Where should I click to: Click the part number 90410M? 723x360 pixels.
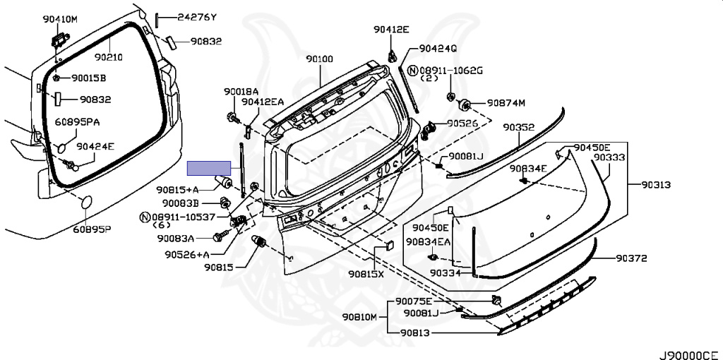coord(61,18)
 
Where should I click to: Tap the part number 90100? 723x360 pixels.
coord(319,60)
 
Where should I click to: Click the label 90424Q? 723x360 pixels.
coord(438,49)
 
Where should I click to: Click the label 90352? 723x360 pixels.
coord(519,128)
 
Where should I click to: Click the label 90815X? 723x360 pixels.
coord(366,274)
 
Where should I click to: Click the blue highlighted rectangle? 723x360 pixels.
coord(209,168)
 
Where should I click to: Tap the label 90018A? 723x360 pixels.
coord(241,92)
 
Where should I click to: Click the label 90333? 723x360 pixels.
coord(609,158)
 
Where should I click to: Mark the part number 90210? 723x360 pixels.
coord(109,56)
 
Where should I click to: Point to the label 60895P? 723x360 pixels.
coord(92,229)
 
